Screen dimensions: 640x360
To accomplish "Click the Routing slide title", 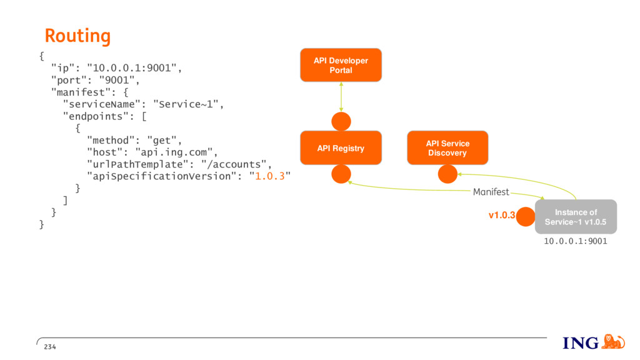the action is pyautogui.click(x=77, y=36).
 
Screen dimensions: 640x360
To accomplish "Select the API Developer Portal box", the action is pyautogui.click(x=341, y=65).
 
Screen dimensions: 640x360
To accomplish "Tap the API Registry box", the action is pyautogui.click(x=341, y=148).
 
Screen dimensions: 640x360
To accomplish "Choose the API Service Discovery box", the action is pyautogui.click(x=447, y=147).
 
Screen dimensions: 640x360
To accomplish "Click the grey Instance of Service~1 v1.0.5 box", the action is pyautogui.click(x=576, y=217).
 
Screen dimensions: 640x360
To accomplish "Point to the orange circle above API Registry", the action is pyautogui.click(x=341, y=121).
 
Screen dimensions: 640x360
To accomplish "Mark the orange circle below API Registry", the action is pyautogui.click(x=341, y=174).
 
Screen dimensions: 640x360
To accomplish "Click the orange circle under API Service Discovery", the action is pyautogui.click(x=447, y=174).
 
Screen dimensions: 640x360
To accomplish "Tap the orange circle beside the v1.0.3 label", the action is pyautogui.click(x=526, y=217).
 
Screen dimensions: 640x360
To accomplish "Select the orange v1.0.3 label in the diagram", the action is pyautogui.click(x=502, y=215).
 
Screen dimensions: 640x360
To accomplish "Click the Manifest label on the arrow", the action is pyautogui.click(x=491, y=192).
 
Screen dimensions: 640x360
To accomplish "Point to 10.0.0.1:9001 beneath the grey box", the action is pyautogui.click(x=576, y=241).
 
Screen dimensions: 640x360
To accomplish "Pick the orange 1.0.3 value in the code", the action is pyautogui.click(x=270, y=176).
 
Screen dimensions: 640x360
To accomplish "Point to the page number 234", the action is pyautogui.click(x=50, y=347).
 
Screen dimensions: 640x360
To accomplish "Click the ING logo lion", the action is pyautogui.click(x=613, y=342).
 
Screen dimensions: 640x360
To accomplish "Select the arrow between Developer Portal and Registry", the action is pyautogui.click(x=341, y=97).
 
